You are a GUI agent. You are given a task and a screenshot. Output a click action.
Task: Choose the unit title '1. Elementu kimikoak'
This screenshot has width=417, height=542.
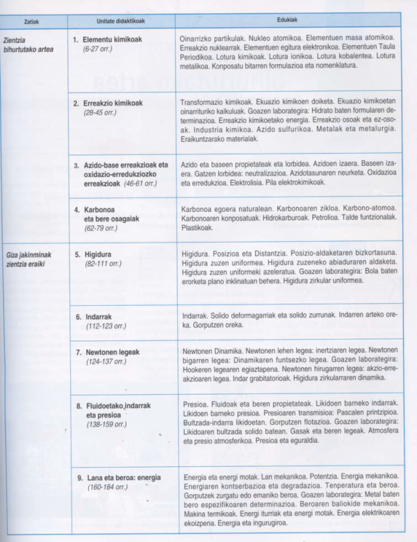coord(111,40)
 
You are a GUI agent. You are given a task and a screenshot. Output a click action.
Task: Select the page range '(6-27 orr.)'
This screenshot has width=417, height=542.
coord(98,49)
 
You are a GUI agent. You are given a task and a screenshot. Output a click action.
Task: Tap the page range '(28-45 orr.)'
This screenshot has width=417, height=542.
coord(100,112)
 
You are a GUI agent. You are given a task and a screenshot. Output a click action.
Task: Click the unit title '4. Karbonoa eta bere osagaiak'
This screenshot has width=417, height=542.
coord(111,213)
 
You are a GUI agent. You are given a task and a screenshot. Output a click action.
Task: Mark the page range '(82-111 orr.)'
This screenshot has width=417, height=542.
coord(102,263)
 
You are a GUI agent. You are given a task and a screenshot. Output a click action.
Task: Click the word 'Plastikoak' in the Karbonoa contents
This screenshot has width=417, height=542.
coord(197,227)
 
